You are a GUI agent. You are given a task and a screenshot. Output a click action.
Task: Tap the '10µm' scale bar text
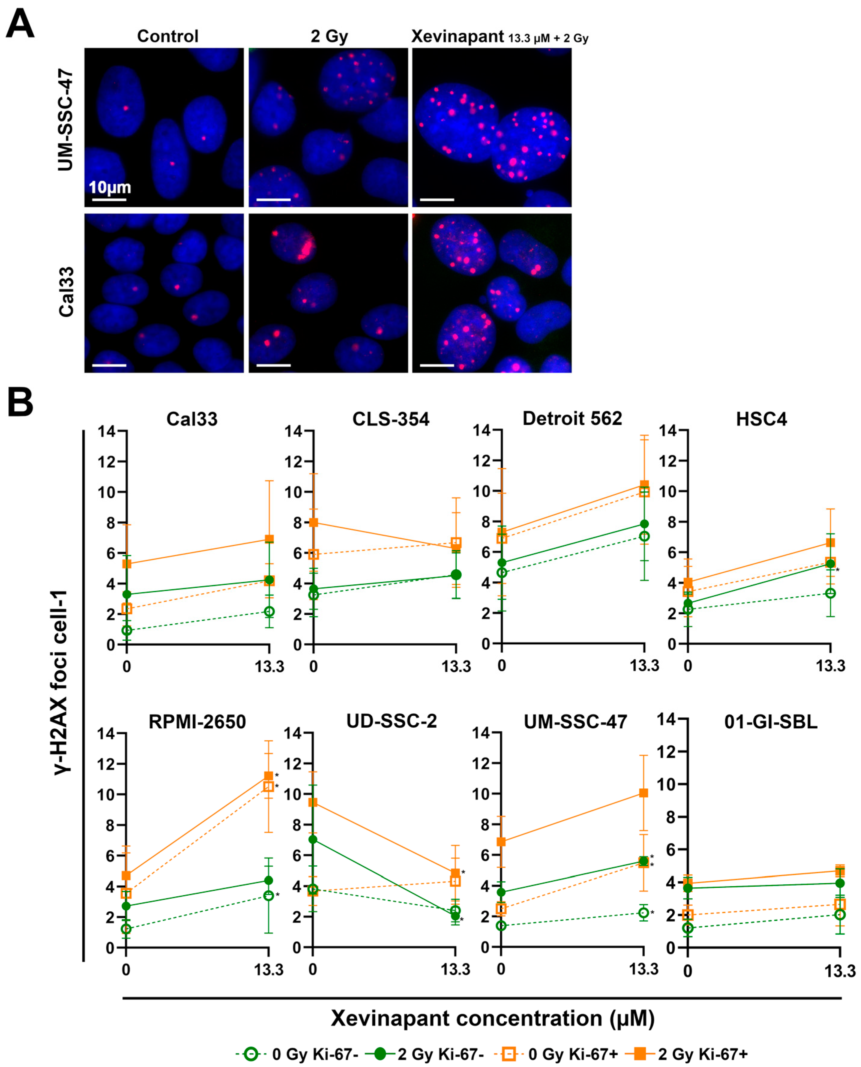coord(109,187)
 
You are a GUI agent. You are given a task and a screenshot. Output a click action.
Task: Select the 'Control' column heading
coord(168,36)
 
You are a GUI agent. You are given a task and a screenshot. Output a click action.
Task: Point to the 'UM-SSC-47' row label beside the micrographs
coord(65,121)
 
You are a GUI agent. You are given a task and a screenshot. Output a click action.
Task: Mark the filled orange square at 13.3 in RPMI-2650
coord(268,776)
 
